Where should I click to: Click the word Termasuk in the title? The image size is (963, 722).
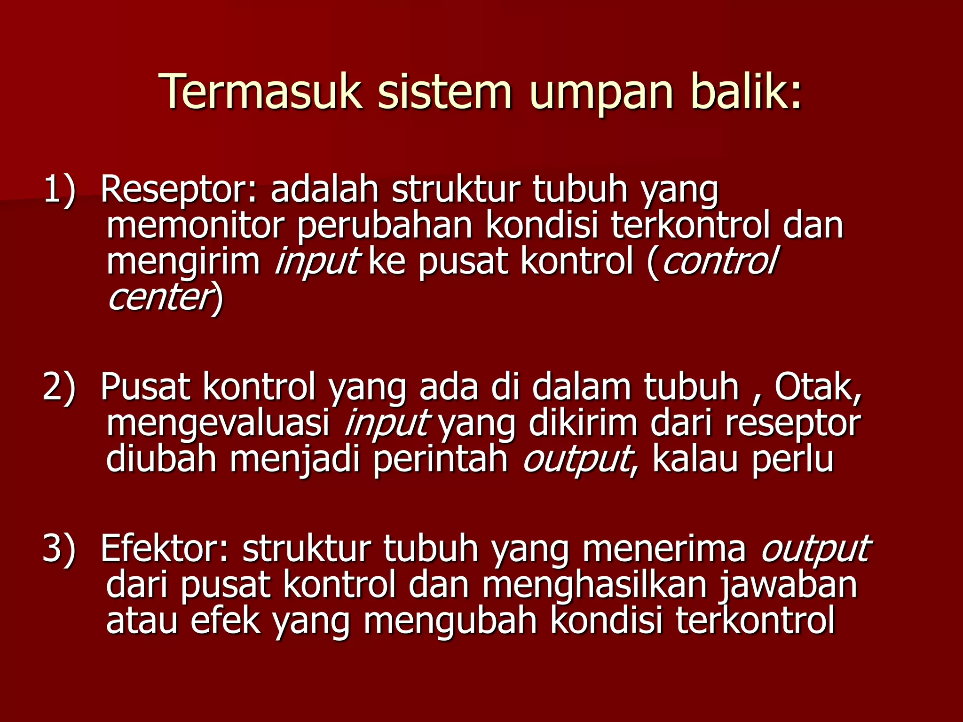pyautogui.click(x=261, y=93)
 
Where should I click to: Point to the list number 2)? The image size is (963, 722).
pyautogui.click(x=59, y=386)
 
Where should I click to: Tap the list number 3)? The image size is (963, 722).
pyautogui.click(x=59, y=548)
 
